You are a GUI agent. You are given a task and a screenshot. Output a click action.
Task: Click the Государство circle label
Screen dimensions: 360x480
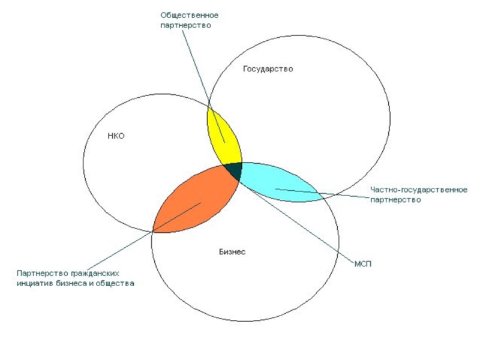click(268, 69)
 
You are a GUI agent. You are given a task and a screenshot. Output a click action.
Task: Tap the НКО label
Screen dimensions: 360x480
click(116, 136)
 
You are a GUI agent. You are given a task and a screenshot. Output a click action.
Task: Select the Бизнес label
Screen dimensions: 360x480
click(232, 252)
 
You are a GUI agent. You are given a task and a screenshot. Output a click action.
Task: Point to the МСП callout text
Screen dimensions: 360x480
click(364, 264)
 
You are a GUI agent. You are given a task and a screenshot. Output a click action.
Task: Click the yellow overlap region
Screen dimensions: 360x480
click(223, 135)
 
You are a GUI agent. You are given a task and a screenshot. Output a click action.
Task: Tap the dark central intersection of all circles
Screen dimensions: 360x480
click(235, 170)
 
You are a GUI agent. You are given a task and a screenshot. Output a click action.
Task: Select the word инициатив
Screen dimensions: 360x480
click(36, 283)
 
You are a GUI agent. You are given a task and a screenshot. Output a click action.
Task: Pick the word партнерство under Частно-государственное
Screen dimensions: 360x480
click(395, 200)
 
